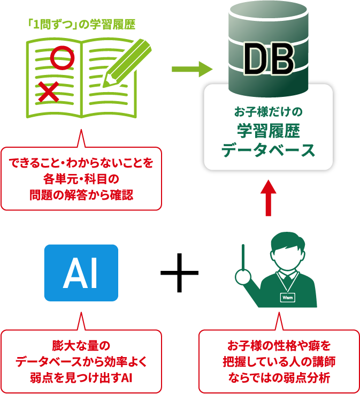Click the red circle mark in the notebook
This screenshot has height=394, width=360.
coord(62,58)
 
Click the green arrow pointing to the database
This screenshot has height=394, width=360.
coord(192,69)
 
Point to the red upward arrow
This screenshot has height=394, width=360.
coord(268,197)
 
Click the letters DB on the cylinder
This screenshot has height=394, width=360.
coord(269,58)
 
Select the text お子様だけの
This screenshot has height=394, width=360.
coord(269,112)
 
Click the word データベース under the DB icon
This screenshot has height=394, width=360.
coord(269,150)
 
